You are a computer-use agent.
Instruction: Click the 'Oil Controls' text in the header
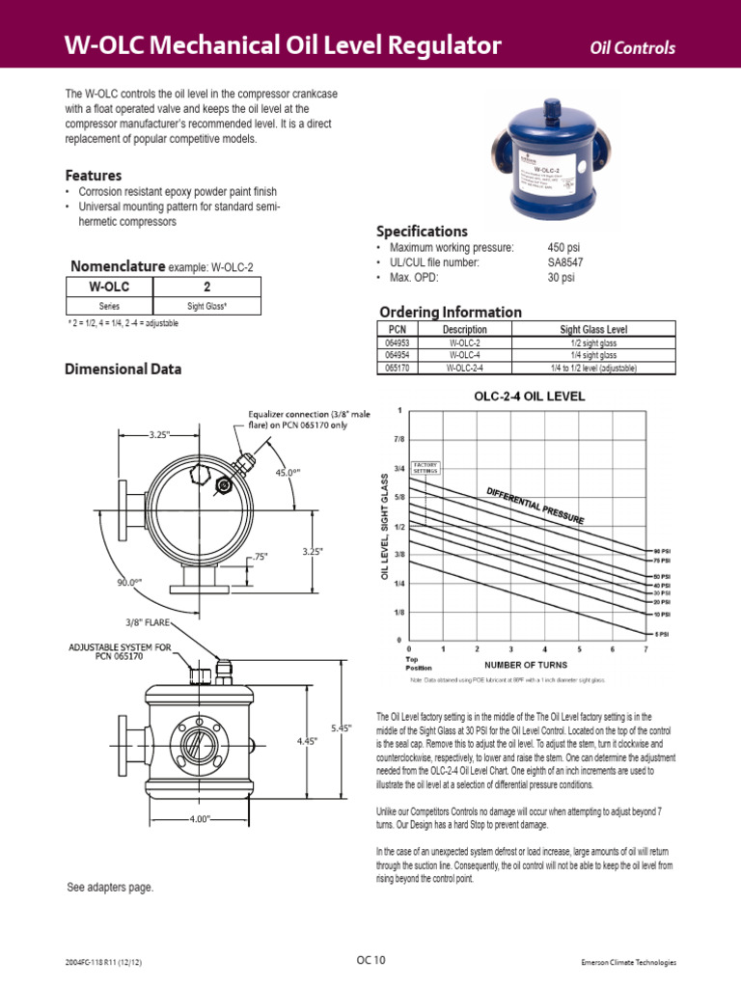632,49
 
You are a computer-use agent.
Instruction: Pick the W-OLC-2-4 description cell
464,368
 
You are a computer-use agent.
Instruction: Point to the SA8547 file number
565,262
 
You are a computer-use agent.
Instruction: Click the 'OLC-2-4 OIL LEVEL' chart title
529,396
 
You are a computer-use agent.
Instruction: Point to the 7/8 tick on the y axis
398,439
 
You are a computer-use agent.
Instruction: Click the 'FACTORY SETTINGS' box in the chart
425,467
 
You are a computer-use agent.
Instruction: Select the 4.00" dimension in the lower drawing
200,819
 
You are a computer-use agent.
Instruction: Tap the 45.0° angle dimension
287,474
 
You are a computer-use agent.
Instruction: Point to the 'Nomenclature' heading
115,266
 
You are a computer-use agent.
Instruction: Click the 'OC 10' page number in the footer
370,960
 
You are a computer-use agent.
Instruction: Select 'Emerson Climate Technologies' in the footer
629,962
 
